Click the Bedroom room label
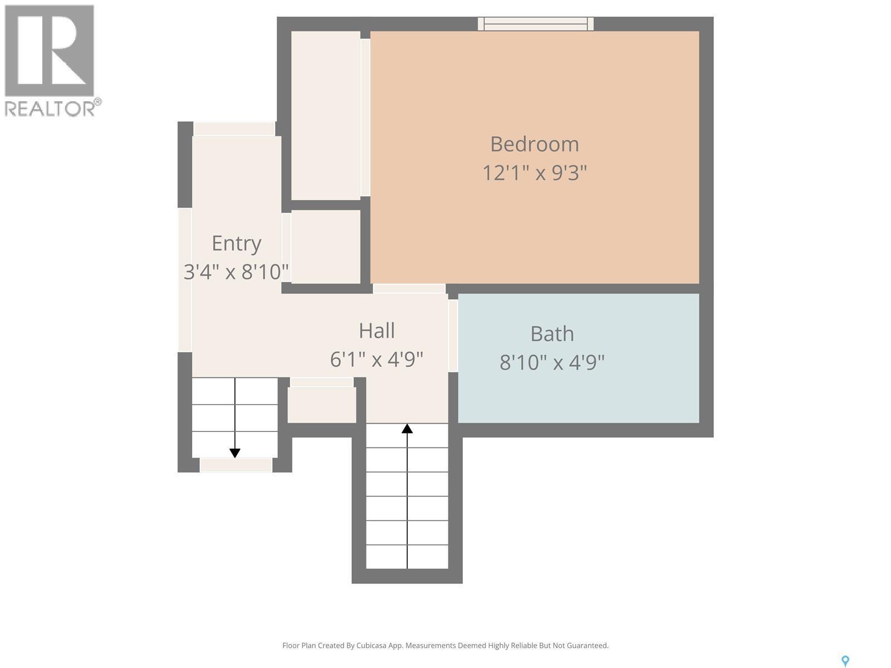(x=534, y=144)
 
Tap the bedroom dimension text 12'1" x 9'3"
(x=534, y=173)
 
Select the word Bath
(x=551, y=334)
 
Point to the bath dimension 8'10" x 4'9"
(x=551, y=363)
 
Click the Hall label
(x=376, y=331)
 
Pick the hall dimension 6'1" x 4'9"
(x=376, y=360)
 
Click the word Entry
(x=236, y=243)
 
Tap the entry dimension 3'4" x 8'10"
(x=236, y=272)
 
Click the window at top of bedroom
(x=535, y=23)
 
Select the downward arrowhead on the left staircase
(x=235, y=453)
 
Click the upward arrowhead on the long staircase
(x=407, y=428)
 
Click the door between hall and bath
(x=453, y=335)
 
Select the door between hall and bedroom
(x=409, y=288)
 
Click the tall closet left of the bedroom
(x=326, y=115)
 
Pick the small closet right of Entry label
(x=326, y=247)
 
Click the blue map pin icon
(x=845, y=661)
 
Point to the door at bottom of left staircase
(x=236, y=465)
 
